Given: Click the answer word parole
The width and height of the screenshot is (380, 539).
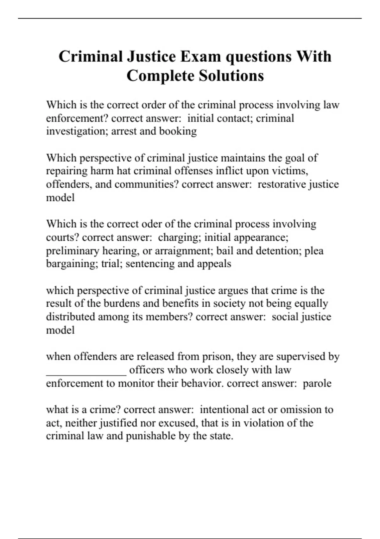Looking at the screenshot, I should [317, 383].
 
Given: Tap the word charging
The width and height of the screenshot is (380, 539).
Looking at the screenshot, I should [178, 237].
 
